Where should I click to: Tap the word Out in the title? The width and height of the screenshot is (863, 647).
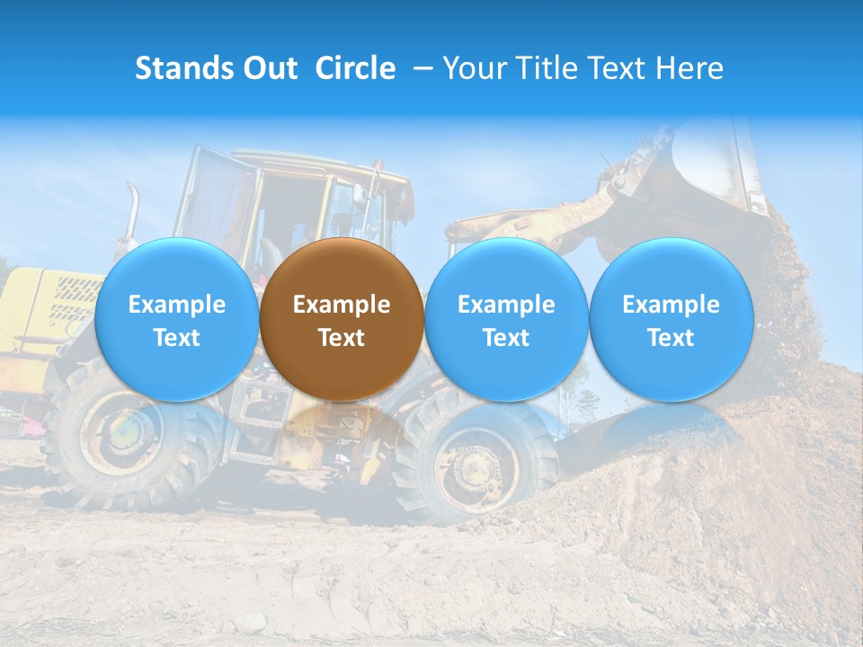pyautogui.click(x=268, y=68)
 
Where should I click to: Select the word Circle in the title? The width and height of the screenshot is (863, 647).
pyautogui.click(x=355, y=68)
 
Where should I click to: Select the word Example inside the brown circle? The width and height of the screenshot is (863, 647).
pyautogui.click(x=342, y=305)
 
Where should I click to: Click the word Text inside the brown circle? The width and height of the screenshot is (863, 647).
pyautogui.click(x=342, y=338)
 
